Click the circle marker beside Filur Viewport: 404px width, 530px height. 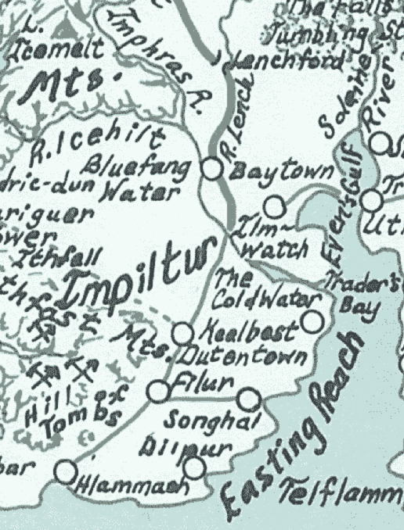pyautogui.click(x=159, y=390)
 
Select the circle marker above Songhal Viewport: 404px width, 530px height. pyautogui.click(x=247, y=399)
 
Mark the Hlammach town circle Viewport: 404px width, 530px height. pyautogui.click(x=66, y=470)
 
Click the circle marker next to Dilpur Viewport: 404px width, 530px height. pyautogui.click(x=196, y=467)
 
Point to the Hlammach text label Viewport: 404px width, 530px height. pyautogui.click(x=133, y=487)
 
